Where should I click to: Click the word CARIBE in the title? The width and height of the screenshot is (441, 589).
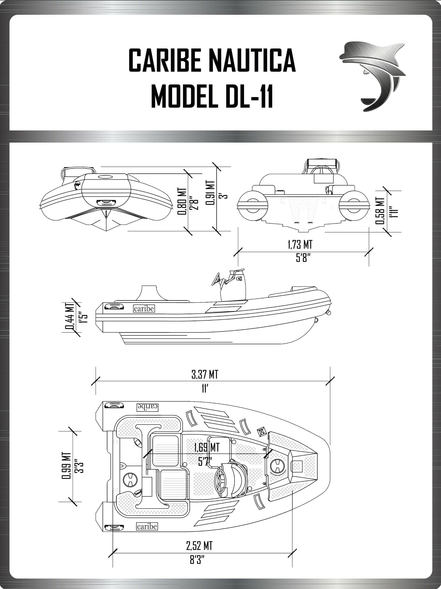pyautogui.click(x=165, y=61)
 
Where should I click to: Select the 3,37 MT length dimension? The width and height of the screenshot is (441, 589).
pyautogui.click(x=205, y=375)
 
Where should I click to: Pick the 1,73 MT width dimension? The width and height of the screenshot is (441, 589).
pyautogui.click(x=300, y=245)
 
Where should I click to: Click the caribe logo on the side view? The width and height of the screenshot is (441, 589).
pyautogui.click(x=144, y=309)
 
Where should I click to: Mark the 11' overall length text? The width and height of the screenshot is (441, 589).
pyautogui.click(x=204, y=389)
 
